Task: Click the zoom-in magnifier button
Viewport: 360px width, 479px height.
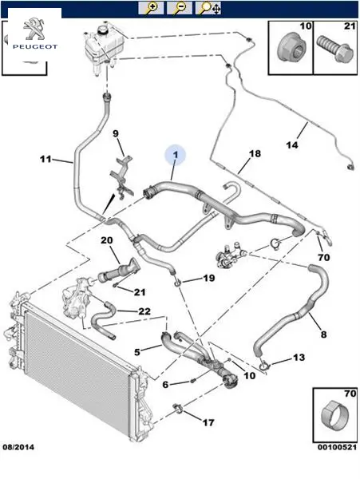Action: (x=151, y=8)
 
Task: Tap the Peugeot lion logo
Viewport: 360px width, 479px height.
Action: (x=34, y=30)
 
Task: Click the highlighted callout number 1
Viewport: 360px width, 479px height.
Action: (x=176, y=155)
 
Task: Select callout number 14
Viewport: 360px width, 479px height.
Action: (x=292, y=144)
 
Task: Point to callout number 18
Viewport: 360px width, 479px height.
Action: (x=255, y=153)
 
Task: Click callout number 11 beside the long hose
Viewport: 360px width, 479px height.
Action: (x=45, y=159)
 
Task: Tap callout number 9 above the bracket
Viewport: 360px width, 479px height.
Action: (x=116, y=133)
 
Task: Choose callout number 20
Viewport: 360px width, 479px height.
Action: (x=107, y=240)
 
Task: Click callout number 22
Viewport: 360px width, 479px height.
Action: (x=144, y=311)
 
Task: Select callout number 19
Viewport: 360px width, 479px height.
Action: (x=209, y=278)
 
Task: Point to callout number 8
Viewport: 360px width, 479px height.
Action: (x=323, y=335)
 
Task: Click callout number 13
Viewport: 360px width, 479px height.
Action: (x=299, y=357)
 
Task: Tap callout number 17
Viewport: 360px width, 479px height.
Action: (x=208, y=422)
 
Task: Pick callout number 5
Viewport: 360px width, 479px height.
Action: (x=137, y=352)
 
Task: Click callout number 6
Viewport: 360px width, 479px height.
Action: (x=165, y=384)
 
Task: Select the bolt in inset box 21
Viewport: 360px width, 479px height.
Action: (x=334, y=49)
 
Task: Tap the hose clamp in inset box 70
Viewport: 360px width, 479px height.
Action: (x=335, y=415)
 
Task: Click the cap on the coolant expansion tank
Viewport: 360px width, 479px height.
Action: (x=103, y=30)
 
